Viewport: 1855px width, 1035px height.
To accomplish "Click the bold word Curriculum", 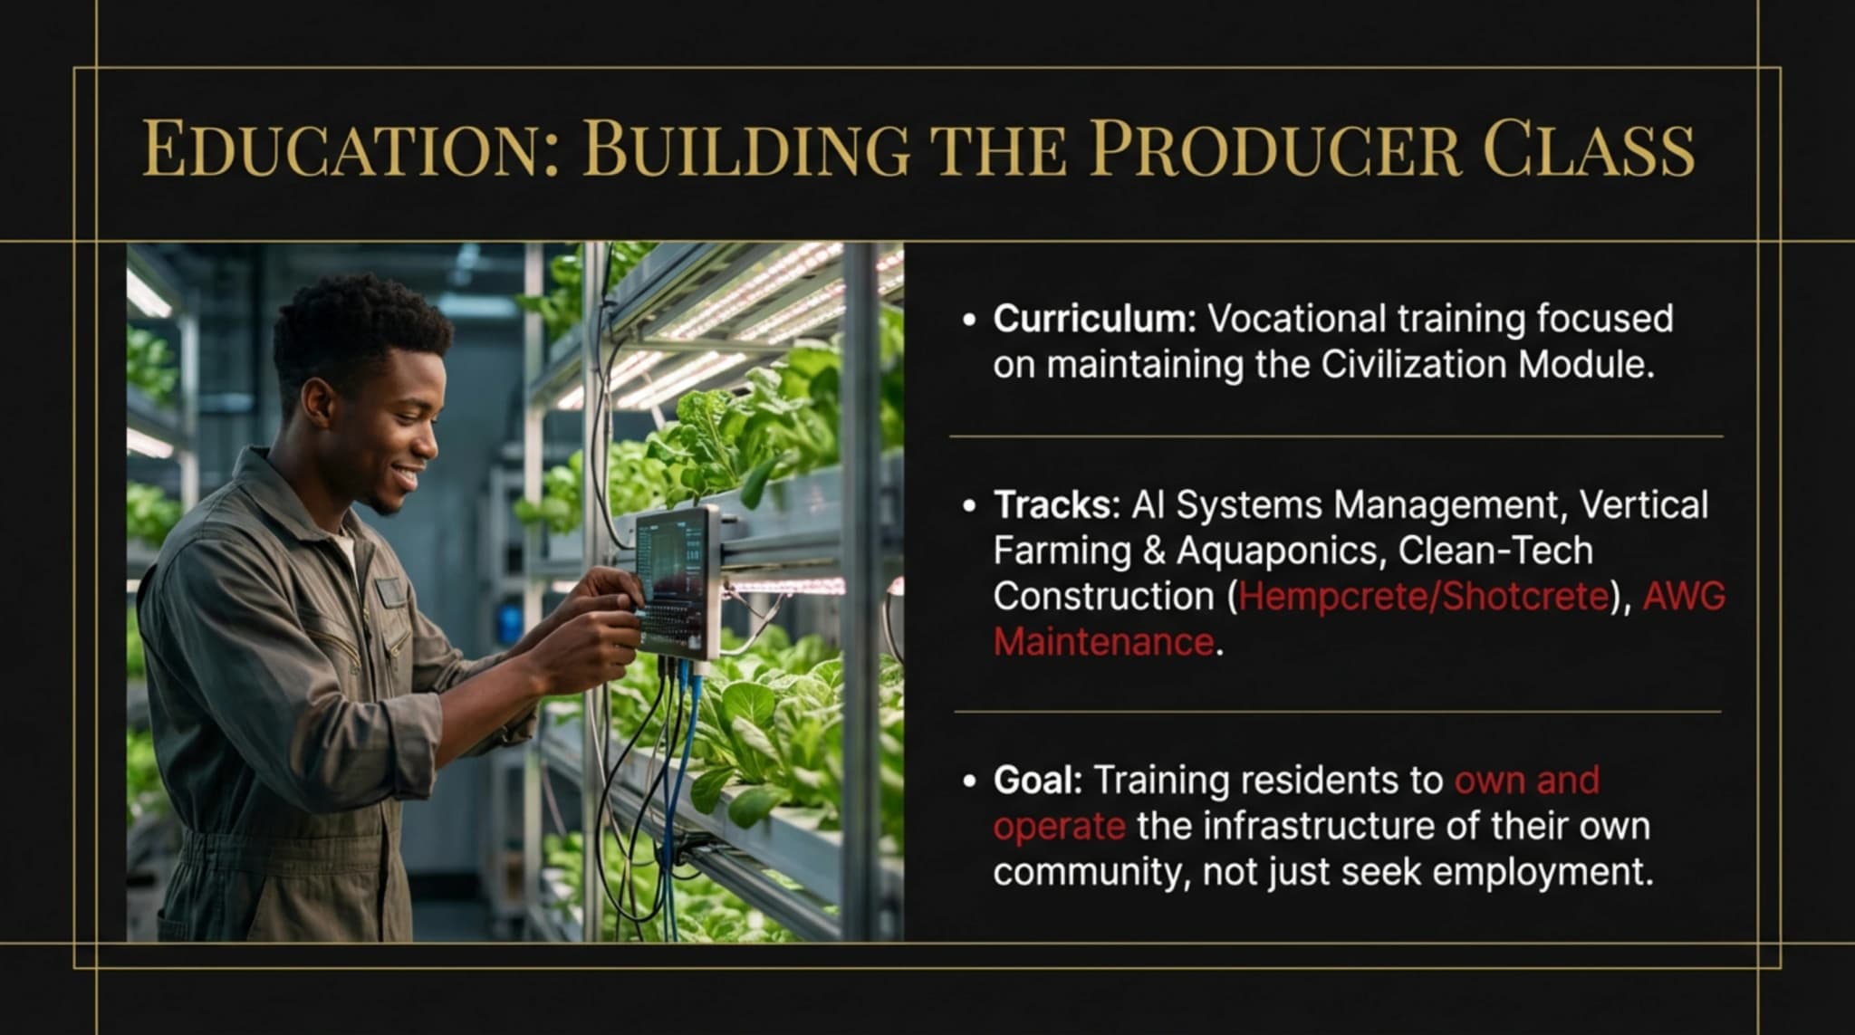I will (1094, 319).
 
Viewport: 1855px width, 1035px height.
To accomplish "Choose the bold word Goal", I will (1037, 781).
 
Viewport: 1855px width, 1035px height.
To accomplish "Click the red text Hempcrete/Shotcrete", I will (1423, 597).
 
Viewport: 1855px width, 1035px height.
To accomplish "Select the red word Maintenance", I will (1103, 643).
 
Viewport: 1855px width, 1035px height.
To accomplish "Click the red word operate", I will (1059, 827).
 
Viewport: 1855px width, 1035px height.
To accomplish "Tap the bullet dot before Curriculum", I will (970, 321).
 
